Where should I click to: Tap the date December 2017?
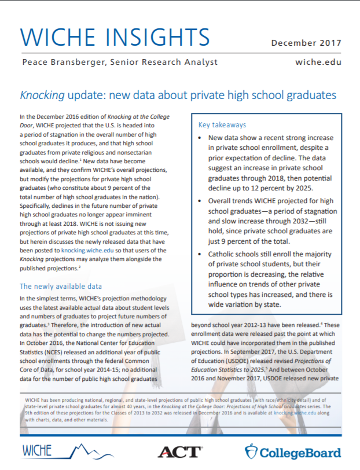[306, 43]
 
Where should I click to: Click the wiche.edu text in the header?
[318, 61]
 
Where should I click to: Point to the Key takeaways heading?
[223, 124]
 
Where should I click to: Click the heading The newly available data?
[61, 286]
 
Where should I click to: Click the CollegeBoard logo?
[293, 451]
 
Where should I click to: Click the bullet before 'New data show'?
[200, 139]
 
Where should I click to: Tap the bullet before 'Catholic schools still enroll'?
[200, 254]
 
